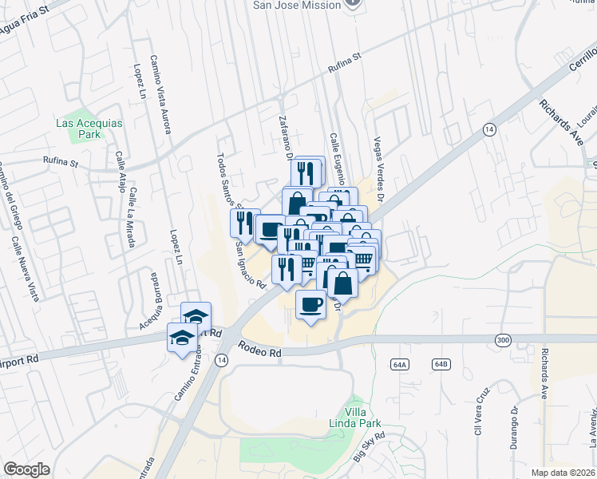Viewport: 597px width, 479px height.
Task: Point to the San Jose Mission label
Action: pyautogui.click(x=297, y=5)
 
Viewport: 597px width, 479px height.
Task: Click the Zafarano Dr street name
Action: pyautogui.click(x=284, y=135)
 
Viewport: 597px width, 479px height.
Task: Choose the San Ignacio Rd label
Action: pyautogui.click(x=249, y=263)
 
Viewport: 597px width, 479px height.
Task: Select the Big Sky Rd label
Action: pyautogui.click(x=369, y=446)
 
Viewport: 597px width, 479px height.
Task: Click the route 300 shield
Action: pyautogui.click(x=502, y=340)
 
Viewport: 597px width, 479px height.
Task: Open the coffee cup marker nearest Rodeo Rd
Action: pyautogui.click(x=310, y=304)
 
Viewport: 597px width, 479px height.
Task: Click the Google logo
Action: pyautogui.click(x=26, y=469)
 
